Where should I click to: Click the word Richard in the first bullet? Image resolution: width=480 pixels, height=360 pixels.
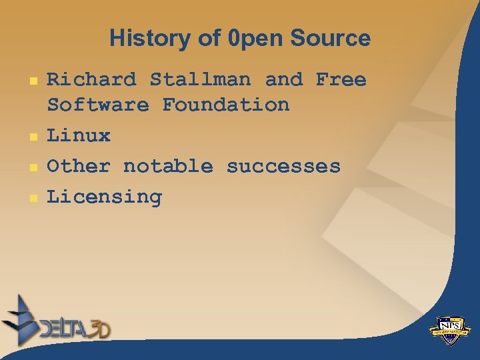point(91,80)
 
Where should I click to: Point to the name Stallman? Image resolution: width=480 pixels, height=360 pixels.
point(200,80)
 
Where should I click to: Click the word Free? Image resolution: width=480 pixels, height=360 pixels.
point(341,80)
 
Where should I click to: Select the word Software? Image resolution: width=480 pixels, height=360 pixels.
point(98,105)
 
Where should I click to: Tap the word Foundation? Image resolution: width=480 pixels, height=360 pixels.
point(226,105)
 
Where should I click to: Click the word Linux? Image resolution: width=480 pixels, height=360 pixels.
point(79,136)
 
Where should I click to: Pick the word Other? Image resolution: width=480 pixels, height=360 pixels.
point(79,167)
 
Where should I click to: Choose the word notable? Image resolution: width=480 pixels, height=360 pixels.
point(168,167)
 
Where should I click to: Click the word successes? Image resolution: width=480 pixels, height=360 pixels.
point(283,167)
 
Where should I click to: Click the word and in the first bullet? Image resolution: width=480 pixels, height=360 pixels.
point(283,80)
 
